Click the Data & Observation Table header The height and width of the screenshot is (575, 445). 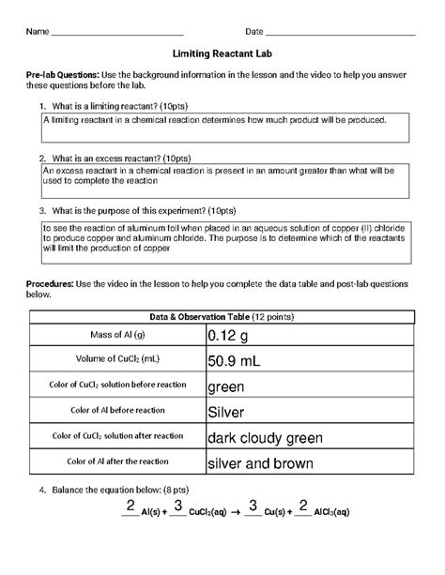pos(222,315)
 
